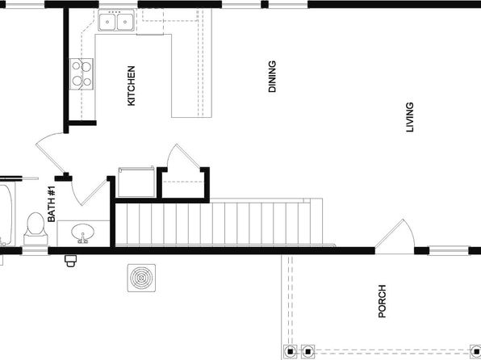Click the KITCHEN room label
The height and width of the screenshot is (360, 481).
pyautogui.click(x=131, y=86)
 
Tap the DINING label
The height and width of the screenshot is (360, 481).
pyautogui.click(x=272, y=77)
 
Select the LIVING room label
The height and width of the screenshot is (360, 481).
pyautogui.click(x=410, y=117)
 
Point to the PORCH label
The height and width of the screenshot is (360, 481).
pyautogui.click(x=382, y=301)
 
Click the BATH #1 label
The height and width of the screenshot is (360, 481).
pyautogui.click(x=52, y=203)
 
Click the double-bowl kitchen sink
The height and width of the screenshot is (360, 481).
pyautogui.click(x=116, y=20)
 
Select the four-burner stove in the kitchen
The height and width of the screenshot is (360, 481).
pyautogui.click(x=82, y=74)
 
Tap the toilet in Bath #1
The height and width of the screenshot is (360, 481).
pyautogui.click(x=36, y=228)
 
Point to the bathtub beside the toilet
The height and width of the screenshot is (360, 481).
pyautogui.click(x=6, y=214)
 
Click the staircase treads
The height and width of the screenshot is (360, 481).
pyautogui.click(x=219, y=223)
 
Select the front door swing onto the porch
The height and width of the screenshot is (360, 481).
pyautogui.click(x=395, y=237)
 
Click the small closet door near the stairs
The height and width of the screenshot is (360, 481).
pyautogui.click(x=184, y=157)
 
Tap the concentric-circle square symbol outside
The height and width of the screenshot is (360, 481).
pyautogui.click(x=141, y=278)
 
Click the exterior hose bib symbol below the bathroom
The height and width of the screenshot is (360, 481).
pyautogui.click(x=70, y=261)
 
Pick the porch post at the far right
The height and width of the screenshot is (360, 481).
pyautogui.click(x=476, y=351)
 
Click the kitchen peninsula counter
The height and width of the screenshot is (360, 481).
pyautogui.click(x=192, y=75)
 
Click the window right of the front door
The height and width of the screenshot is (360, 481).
pyautogui.click(x=449, y=250)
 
